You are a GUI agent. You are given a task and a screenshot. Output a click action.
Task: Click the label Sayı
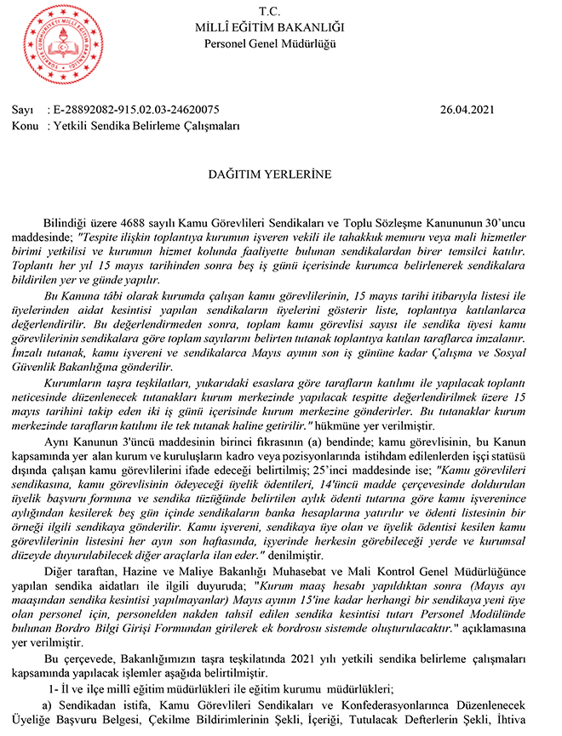point(22,110)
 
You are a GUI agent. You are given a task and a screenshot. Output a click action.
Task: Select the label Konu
point(24,125)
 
